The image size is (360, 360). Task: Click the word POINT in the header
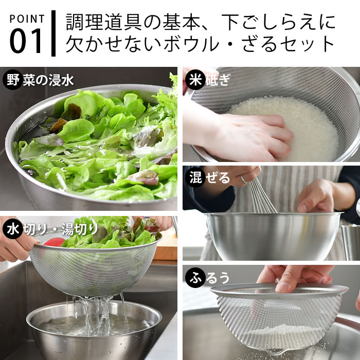point(27,19)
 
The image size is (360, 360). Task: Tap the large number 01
point(26,41)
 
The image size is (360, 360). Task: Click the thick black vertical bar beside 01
point(53,33)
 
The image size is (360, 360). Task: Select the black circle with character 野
point(13,80)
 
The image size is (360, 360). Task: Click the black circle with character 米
point(195,80)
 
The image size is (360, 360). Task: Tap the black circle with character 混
point(195,177)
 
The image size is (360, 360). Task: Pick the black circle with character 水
point(13,229)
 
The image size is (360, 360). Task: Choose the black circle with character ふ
point(195,277)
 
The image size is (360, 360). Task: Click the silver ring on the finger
point(244,179)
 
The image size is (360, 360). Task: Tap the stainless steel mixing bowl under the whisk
point(273,236)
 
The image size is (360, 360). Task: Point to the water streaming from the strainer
point(97,315)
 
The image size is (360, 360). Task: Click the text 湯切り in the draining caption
point(80,229)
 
